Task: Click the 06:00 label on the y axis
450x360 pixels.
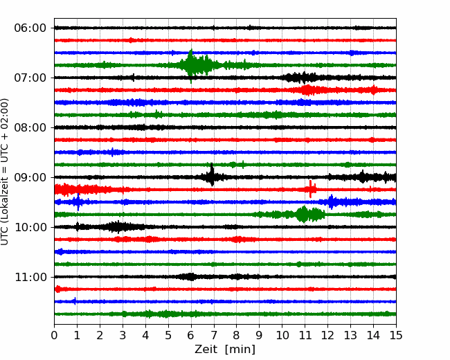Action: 30,28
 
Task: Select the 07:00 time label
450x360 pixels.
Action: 30,78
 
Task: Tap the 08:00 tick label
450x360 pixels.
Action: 30,128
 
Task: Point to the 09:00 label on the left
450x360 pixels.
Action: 30,177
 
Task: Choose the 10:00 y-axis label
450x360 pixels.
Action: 30,227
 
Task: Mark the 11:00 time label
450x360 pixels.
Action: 30,278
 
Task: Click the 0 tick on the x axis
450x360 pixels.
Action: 54,335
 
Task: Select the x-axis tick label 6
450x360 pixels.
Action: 191,335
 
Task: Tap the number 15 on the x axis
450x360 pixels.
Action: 396,335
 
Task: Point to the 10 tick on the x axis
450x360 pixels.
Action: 282,335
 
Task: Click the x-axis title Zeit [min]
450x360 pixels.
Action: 225,350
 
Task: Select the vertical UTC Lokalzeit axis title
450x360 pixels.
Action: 5,172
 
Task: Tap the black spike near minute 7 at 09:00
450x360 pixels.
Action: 212,176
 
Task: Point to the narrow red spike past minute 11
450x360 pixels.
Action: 311,189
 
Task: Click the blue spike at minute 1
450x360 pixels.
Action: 78,202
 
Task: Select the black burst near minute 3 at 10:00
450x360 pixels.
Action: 117,227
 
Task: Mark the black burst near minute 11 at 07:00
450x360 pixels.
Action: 301,78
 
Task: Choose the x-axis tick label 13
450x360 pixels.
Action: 350,335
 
